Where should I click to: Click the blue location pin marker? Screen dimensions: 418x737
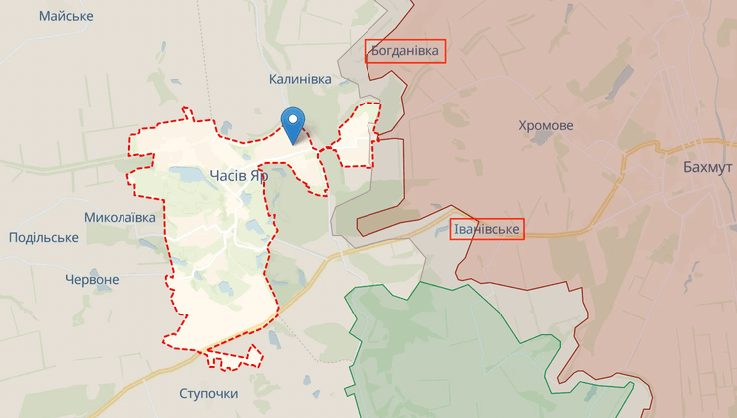coord(294,124)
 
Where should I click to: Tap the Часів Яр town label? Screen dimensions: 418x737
coord(239,175)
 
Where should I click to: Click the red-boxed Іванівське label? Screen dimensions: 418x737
coord(487,230)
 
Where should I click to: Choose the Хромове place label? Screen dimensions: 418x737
coord(546,126)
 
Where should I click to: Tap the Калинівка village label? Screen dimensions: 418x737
coord(300,78)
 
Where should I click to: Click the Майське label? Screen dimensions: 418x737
coord(66,17)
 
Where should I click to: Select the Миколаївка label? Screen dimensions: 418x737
coord(120,216)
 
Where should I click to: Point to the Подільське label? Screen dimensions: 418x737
coord(43,237)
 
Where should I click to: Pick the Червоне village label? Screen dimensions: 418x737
coord(92,280)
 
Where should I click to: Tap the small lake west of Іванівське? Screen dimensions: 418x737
coord(439,231)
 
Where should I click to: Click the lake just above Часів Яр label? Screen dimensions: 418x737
coord(189,174)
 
